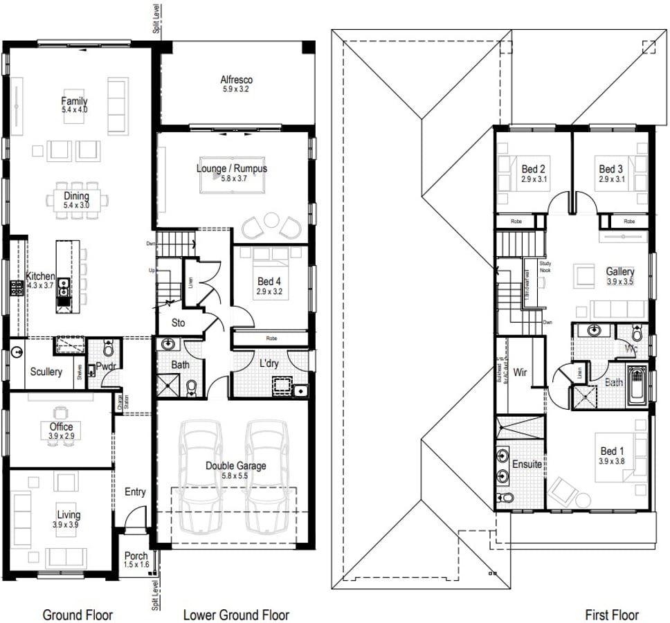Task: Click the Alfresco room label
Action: click(x=236, y=80)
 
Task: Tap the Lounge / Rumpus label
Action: click(x=232, y=168)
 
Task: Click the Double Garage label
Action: click(x=235, y=466)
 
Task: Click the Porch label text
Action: click(x=136, y=556)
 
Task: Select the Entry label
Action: click(x=135, y=491)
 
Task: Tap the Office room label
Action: click(x=61, y=427)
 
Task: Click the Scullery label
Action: click(x=46, y=372)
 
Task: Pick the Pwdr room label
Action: click(x=105, y=367)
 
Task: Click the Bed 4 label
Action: click(x=270, y=282)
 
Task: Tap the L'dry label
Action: click(x=269, y=363)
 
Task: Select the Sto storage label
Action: click(x=179, y=323)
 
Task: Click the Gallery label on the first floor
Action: click(x=619, y=272)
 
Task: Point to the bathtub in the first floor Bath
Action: click(x=637, y=388)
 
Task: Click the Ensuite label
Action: click(x=527, y=464)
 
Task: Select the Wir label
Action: click(x=520, y=372)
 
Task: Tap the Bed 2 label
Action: click(x=534, y=169)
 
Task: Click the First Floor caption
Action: click(x=612, y=615)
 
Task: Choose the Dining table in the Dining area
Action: click(x=77, y=201)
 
